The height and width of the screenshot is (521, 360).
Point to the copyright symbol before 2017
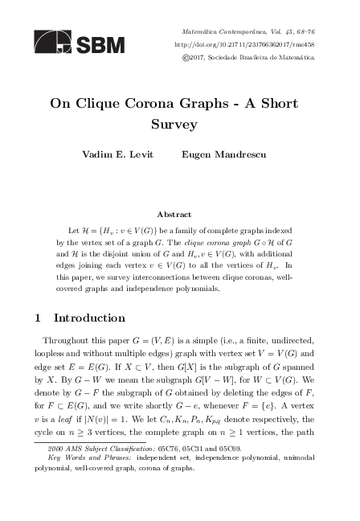[188, 57]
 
